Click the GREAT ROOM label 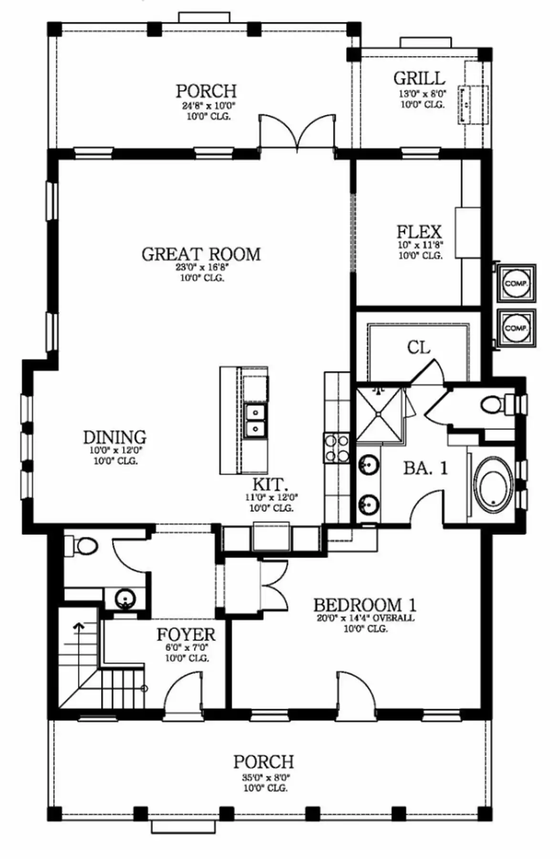tap(201, 254)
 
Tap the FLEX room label tap(419, 232)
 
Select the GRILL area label tap(419, 78)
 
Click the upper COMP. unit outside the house tap(516, 283)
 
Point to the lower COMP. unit tap(516, 328)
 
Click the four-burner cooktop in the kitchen tap(336, 448)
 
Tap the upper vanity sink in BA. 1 tap(368, 463)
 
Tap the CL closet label tap(418, 347)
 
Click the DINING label tap(114, 437)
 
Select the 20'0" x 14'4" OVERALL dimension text tap(365, 618)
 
